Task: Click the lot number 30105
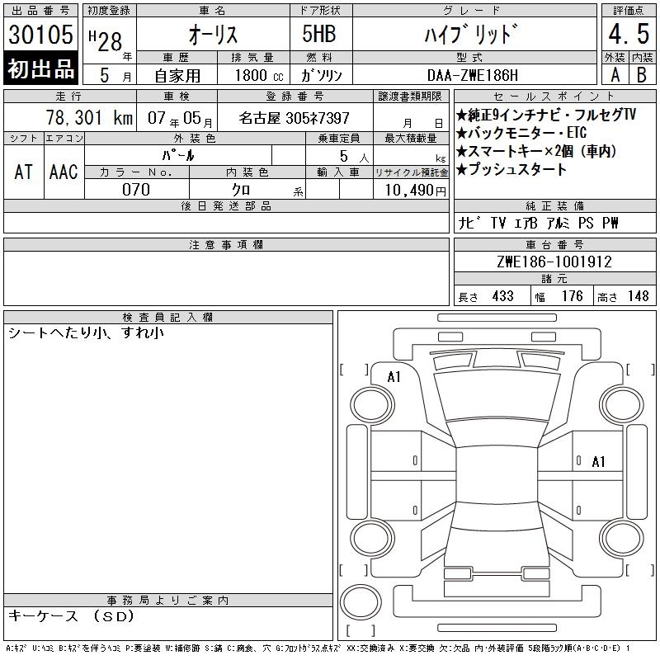(x=40, y=34)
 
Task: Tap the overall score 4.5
(x=629, y=34)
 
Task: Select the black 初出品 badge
(x=40, y=68)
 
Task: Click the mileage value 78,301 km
(x=89, y=118)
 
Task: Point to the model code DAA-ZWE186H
(x=473, y=75)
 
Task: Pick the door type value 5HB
(x=319, y=34)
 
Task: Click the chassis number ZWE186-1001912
(x=554, y=262)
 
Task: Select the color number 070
(x=136, y=190)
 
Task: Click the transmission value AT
(x=23, y=172)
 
